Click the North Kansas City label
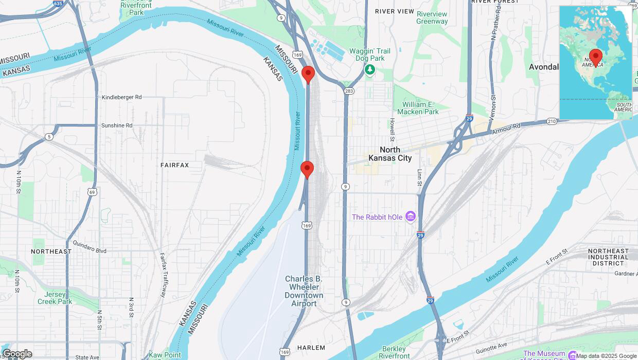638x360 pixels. coord(390,154)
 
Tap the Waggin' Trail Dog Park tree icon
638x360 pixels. coord(369,69)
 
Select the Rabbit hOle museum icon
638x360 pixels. coord(410,217)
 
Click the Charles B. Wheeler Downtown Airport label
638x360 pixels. coord(304,291)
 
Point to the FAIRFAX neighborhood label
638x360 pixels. coord(174,165)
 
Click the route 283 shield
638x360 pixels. coord(349,91)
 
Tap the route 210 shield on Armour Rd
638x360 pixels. coord(552,121)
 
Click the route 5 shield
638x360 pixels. coord(49,136)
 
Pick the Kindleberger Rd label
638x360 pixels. coord(121,97)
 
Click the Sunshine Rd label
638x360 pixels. coord(116,125)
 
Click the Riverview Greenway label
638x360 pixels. coord(432,17)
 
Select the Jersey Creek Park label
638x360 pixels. coord(55,298)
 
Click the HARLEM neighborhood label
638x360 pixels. coord(311,348)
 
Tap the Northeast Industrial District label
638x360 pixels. coord(608,257)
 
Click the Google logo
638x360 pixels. coord(17,354)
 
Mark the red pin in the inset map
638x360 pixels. coord(596,58)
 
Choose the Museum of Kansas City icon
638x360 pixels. coord(572,355)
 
